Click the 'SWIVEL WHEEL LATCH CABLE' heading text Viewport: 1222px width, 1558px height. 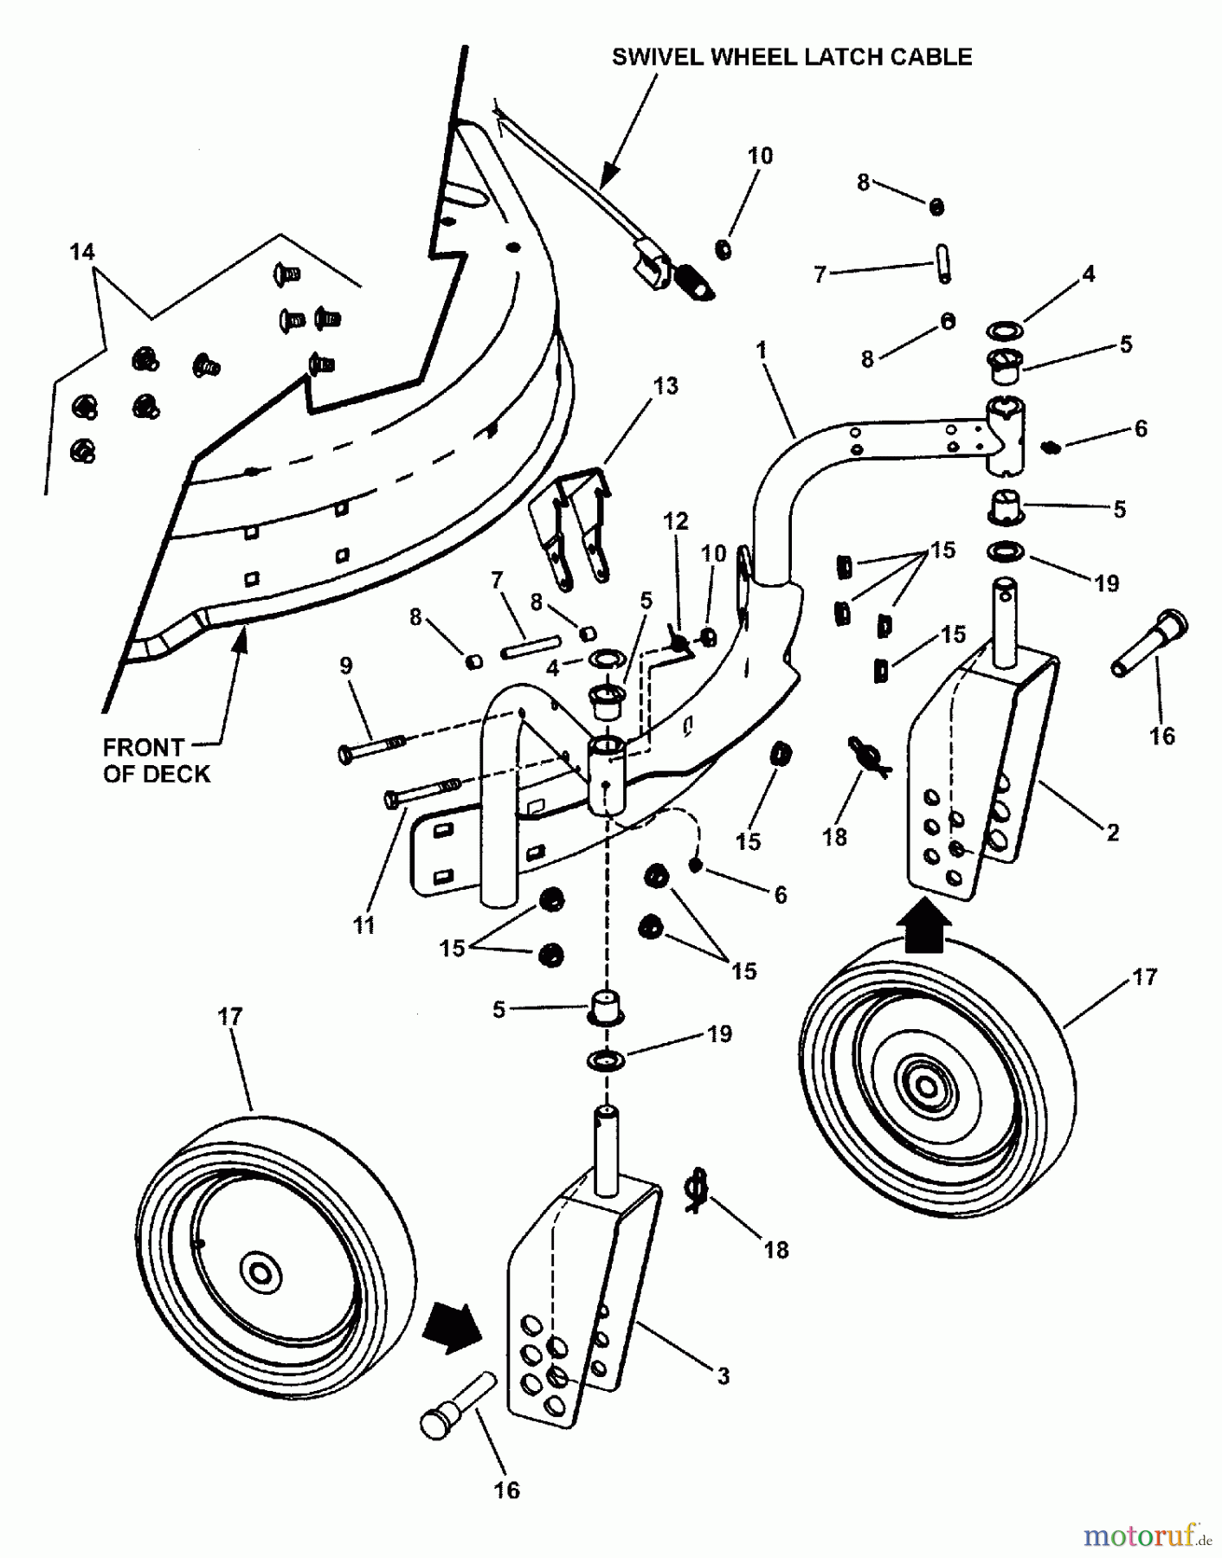click(791, 57)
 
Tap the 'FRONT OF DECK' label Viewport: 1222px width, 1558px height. click(156, 761)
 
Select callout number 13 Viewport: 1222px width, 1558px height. click(666, 386)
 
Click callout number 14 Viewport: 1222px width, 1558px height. click(82, 252)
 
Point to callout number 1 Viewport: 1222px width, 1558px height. click(761, 351)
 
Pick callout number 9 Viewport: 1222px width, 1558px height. click(346, 666)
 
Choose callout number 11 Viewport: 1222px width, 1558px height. click(364, 925)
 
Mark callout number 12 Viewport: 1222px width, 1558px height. click(675, 521)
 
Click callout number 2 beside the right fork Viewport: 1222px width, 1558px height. click(1112, 833)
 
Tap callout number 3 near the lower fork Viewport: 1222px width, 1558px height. click(724, 1375)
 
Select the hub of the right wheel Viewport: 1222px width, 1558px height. click(925, 1087)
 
